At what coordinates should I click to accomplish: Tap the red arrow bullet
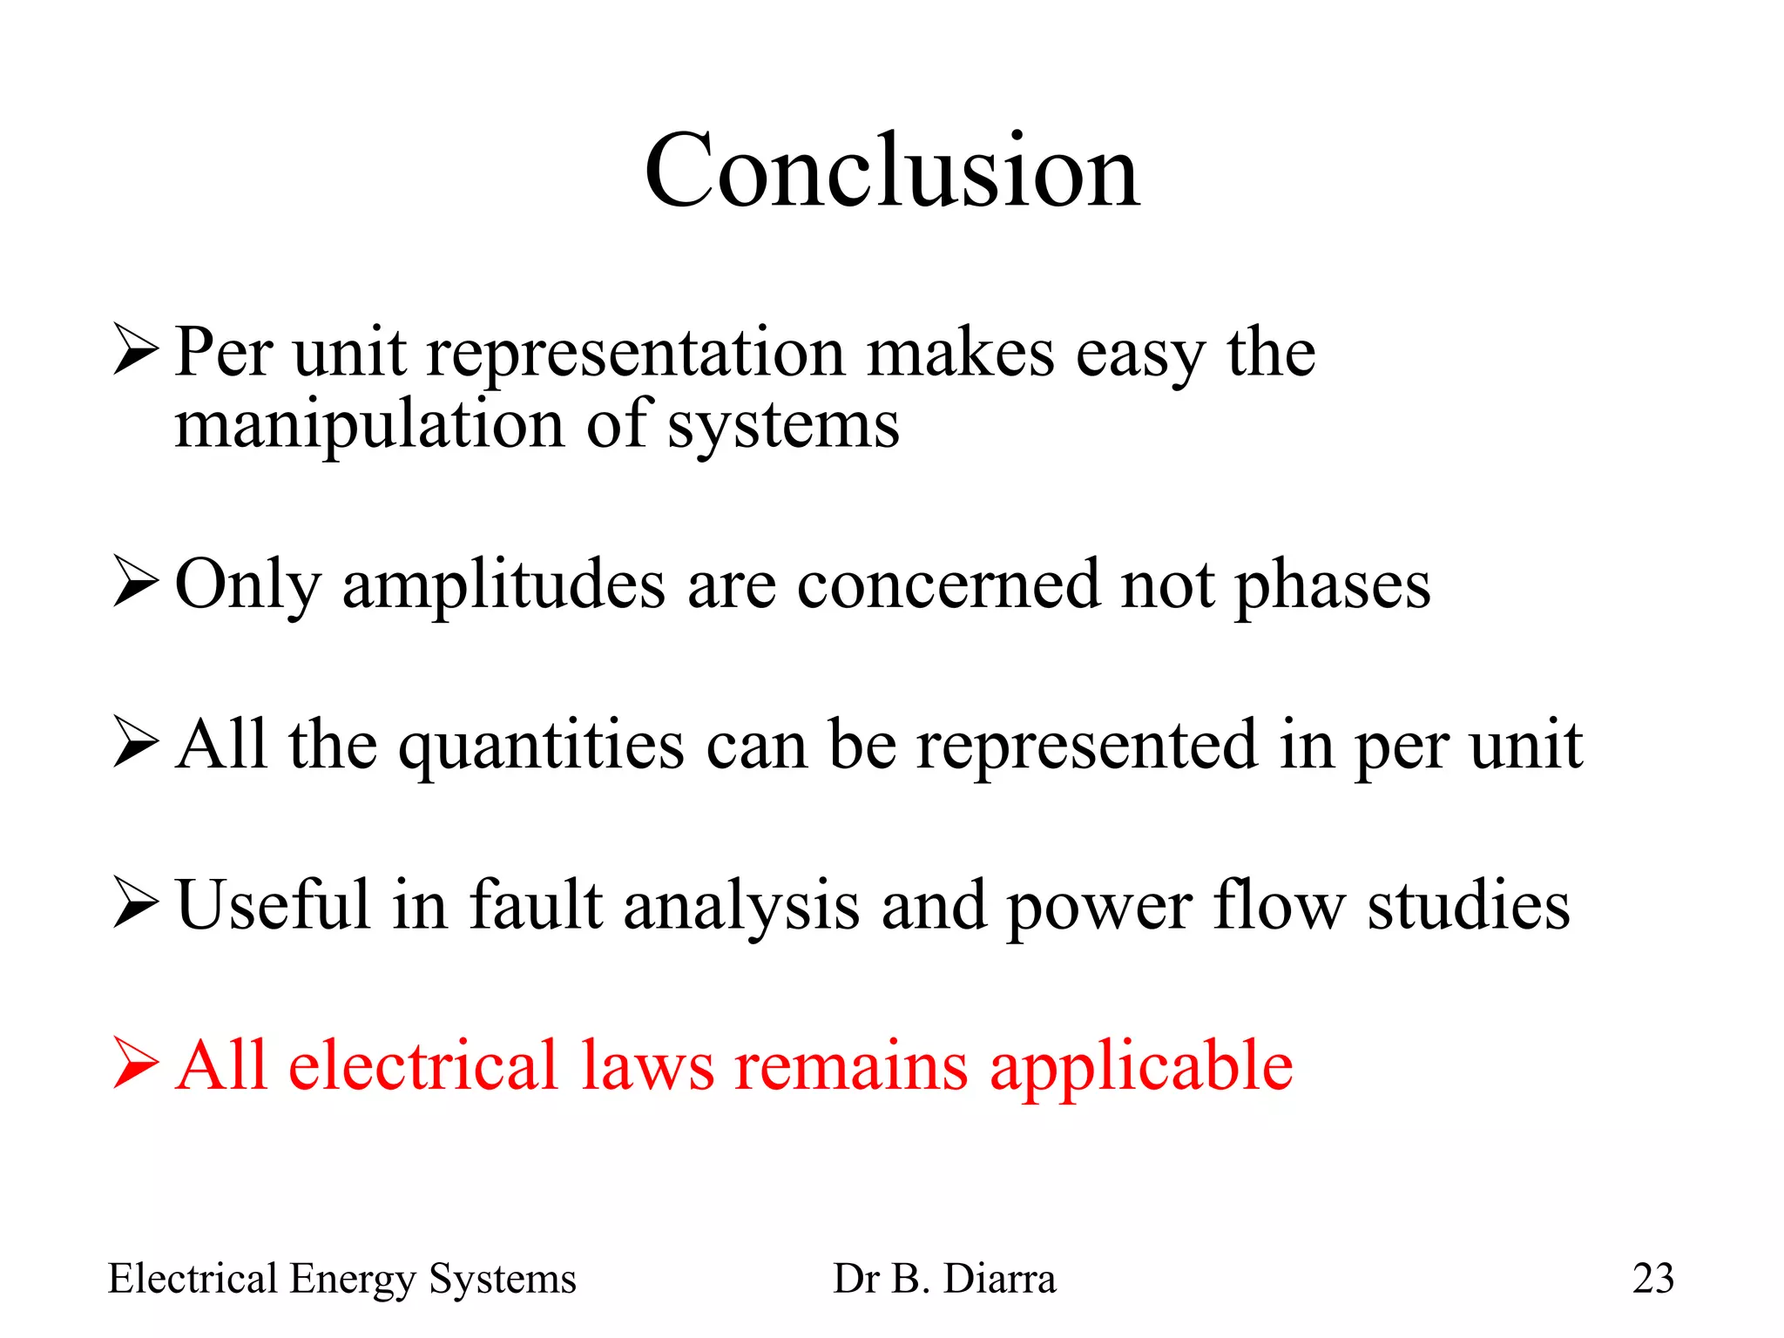tap(136, 1063)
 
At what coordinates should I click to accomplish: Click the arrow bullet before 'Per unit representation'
tap(136, 350)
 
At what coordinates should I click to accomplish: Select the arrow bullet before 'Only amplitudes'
tap(136, 582)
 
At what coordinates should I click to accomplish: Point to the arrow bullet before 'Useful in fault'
tap(136, 903)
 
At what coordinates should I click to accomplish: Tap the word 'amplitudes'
tap(504, 585)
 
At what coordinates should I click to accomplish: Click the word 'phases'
tap(1333, 585)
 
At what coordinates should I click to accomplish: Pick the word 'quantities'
tap(542, 747)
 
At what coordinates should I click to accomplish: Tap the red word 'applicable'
tap(1141, 1067)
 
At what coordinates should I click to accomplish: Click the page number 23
tap(1652, 1279)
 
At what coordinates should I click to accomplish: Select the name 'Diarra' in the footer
tap(1000, 1279)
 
